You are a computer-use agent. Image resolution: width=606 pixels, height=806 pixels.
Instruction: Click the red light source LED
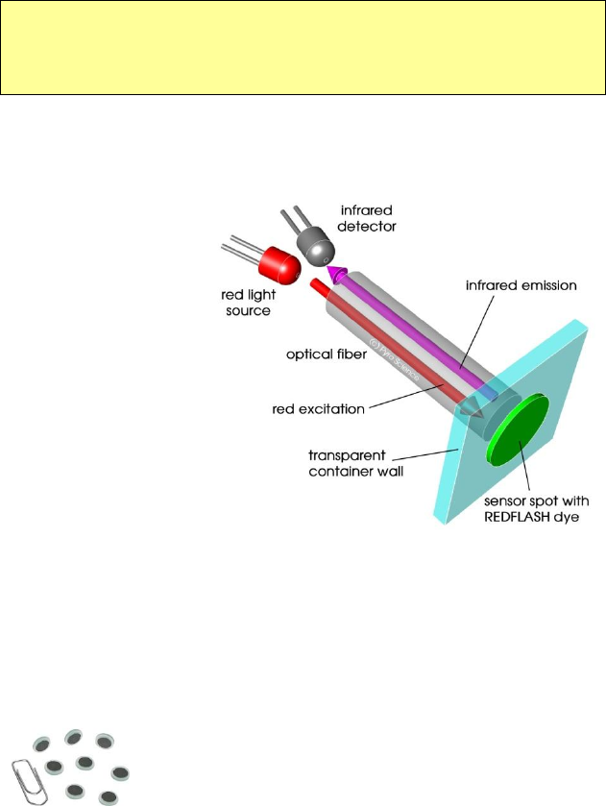pyautogui.click(x=279, y=261)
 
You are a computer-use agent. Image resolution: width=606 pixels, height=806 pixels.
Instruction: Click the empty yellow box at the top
pyautogui.click(x=303, y=47)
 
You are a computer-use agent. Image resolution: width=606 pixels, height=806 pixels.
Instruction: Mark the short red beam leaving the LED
pyautogui.click(x=321, y=287)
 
